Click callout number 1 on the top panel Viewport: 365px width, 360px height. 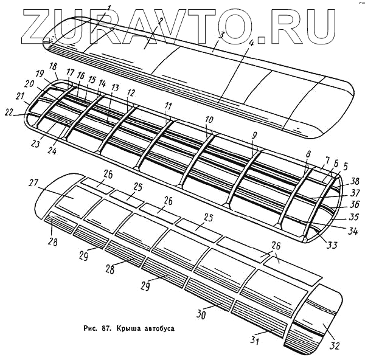pos(109,7)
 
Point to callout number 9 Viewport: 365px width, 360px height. pos(254,135)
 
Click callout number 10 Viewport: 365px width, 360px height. pos(209,119)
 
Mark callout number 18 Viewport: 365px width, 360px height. pos(54,66)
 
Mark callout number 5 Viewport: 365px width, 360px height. pos(345,165)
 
